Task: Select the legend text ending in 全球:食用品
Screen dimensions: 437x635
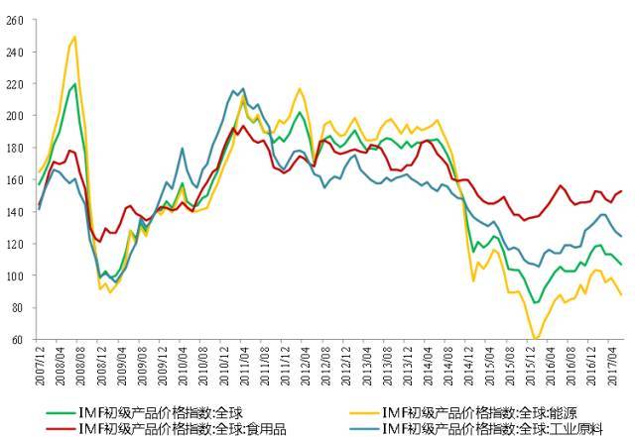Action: [x=174, y=428]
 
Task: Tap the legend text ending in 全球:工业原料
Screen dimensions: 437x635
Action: [x=472, y=428]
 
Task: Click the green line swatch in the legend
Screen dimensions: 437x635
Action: [x=61, y=411]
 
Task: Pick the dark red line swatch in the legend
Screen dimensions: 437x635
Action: [x=61, y=428]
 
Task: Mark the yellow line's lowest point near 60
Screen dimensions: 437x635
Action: [x=536, y=339]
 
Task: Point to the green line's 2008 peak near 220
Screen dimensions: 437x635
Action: [x=74, y=84]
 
